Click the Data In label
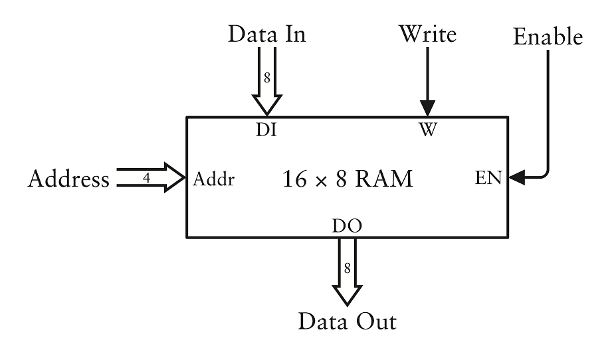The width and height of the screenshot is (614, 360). (x=267, y=35)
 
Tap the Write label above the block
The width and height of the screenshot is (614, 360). (x=427, y=35)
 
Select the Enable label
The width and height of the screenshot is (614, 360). (x=548, y=37)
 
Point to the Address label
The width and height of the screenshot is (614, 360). (x=68, y=179)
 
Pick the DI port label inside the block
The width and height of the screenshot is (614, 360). (x=266, y=130)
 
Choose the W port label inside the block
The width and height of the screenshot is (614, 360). (x=427, y=130)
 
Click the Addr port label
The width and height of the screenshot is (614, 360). (x=213, y=179)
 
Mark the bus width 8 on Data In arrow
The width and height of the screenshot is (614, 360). (x=267, y=77)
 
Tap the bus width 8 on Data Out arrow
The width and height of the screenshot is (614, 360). (x=347, y=269)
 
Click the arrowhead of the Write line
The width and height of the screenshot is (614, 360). (x=427, y=110)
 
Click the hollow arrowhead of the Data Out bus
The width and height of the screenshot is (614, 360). (x=347, y=294)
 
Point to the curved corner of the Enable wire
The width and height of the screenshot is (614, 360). (x=545, y=174)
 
